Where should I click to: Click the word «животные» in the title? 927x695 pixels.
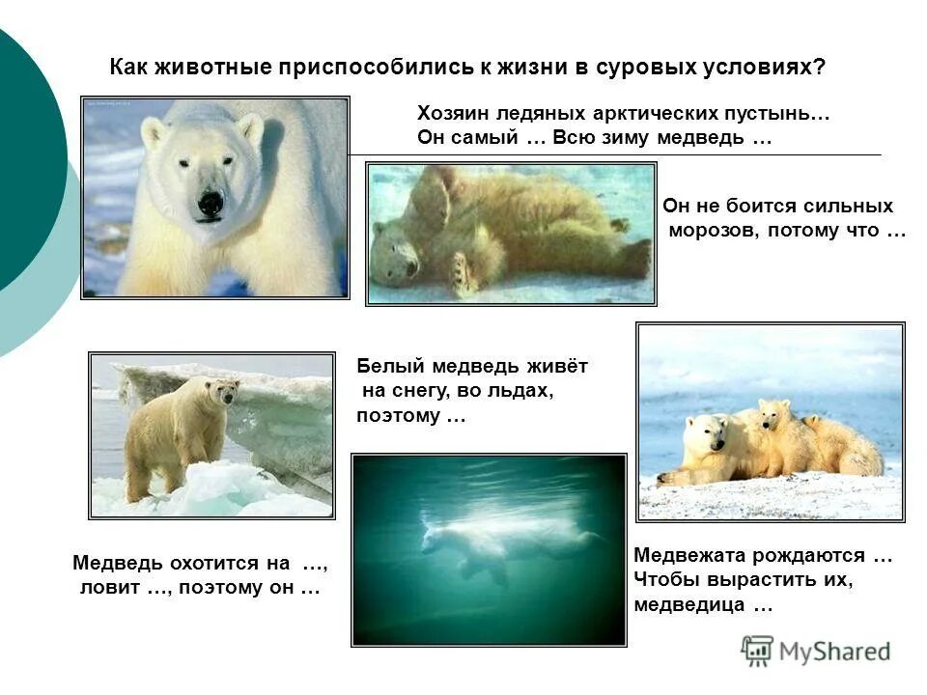[205, 69]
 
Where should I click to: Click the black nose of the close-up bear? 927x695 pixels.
[211, 203]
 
